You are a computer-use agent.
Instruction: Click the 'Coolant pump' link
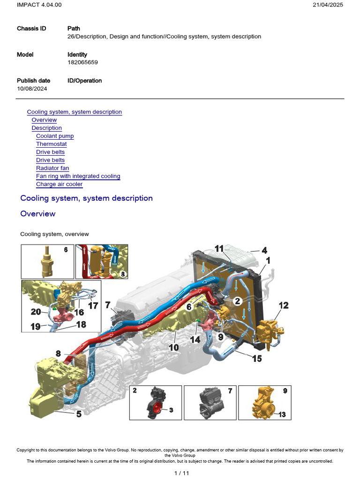coord(55,136)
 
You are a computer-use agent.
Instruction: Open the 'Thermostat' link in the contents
coord(51,144)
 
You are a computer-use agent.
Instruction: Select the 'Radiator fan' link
coord(52,168)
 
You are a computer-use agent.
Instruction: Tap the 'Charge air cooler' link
coord(59,184)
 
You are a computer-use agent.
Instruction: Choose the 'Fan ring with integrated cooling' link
coord(78,176)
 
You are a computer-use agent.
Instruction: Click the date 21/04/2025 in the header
coord(328,5)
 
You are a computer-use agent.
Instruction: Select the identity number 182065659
coord(82,62)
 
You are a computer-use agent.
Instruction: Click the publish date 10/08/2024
coord(32,89)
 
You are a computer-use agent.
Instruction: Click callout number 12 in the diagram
coord(283,305)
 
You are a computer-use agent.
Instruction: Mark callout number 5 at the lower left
coord(79,414)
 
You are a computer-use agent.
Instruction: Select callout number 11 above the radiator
coord(219,248)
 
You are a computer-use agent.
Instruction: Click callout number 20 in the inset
coord(36,311)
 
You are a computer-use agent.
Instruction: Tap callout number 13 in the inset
coord(282,414)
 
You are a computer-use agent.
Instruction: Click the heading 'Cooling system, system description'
coord(86,198)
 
